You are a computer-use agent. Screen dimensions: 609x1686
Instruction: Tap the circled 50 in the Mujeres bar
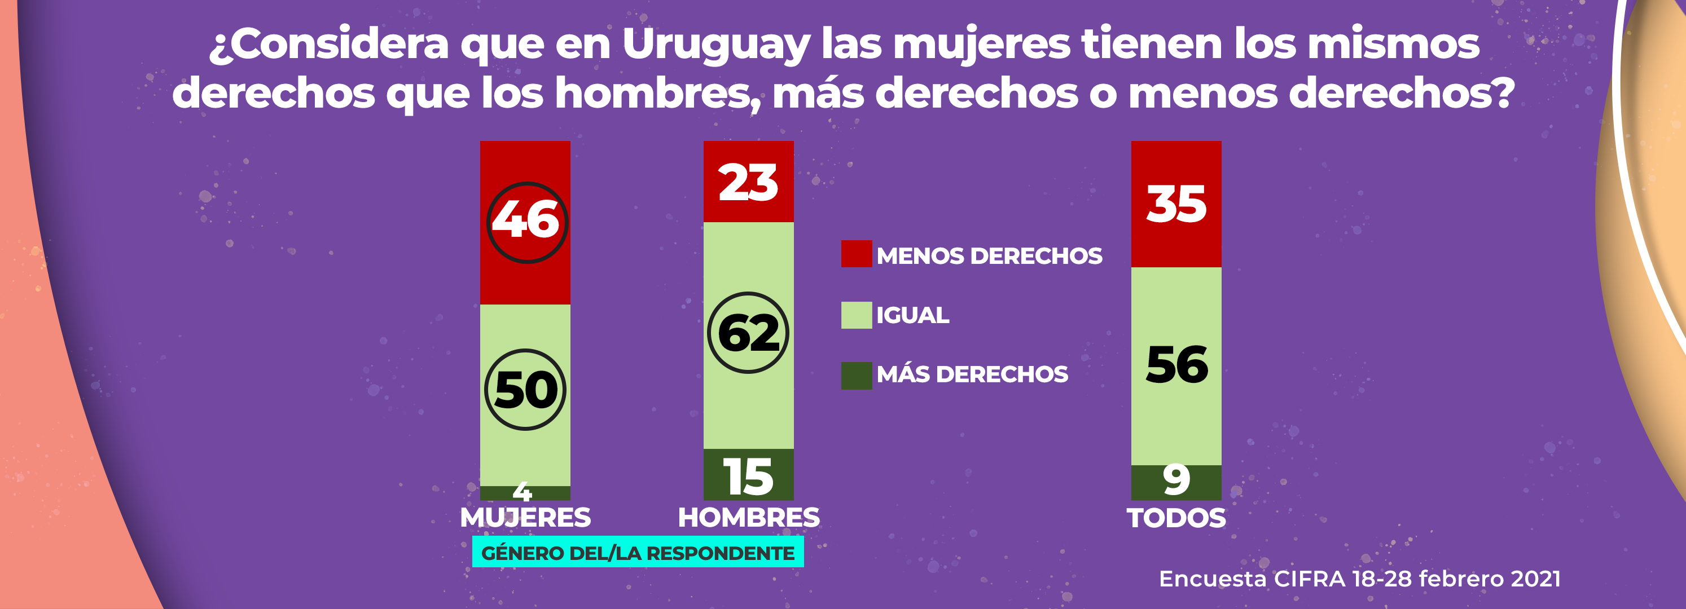525,390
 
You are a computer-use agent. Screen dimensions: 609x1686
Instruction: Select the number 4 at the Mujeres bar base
523,491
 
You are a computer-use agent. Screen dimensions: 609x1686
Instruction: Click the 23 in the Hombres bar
748,183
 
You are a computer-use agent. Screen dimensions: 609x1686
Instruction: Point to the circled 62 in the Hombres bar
748,333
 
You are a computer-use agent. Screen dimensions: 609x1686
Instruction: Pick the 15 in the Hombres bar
748,477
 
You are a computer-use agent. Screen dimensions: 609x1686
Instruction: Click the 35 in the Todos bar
1176,205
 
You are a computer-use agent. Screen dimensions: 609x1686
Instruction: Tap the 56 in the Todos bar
1176,365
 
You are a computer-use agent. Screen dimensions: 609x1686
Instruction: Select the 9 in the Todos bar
1176,479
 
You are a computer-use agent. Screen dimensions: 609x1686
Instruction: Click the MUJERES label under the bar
525,518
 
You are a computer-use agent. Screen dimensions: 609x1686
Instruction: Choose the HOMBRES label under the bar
748,518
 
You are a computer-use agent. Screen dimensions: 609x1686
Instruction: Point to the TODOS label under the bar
1176,518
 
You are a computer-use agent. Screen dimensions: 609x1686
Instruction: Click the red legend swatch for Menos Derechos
856,254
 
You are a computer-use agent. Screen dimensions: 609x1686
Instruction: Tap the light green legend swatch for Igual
856,315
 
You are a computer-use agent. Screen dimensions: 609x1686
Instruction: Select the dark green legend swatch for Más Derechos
856,376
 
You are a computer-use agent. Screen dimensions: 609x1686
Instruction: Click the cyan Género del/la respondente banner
638,553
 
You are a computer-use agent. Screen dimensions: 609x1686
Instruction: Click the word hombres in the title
655,94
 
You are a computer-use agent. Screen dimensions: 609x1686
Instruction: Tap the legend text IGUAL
912,315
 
